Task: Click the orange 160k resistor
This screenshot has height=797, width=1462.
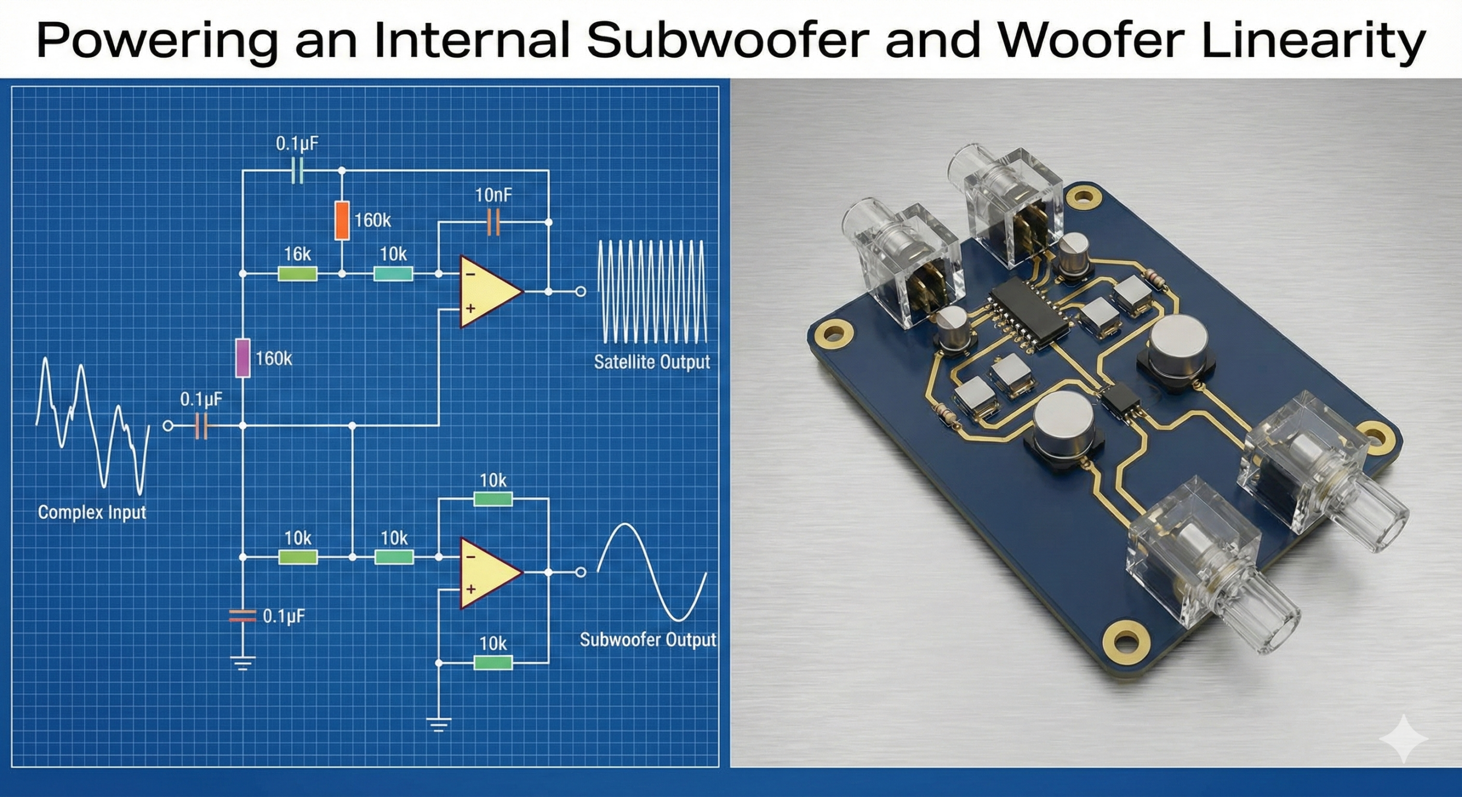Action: click(342, 220)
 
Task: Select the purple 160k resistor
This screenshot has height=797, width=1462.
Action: click(243, 358)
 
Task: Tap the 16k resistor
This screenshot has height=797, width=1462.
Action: click(298, 274)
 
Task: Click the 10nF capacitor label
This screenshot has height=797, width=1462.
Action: click(493, 196)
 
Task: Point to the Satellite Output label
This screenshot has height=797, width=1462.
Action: click(652, 362)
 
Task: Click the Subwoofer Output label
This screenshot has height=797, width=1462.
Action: click(648, 640)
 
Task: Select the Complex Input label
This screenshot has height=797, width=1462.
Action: click(92, 512)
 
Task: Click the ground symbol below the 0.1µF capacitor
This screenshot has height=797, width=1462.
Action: click(243, 663)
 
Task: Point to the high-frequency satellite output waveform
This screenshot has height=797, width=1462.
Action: click(652, 291)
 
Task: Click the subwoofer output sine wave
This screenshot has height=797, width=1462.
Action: click(652, 572)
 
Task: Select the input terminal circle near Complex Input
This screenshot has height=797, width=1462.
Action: click(168, 426)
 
